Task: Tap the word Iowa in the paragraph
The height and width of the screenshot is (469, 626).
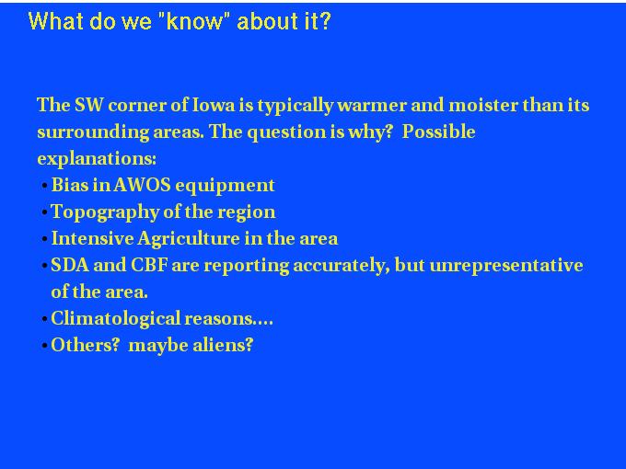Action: tap(214, 105)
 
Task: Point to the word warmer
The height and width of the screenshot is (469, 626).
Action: tap(371, 106)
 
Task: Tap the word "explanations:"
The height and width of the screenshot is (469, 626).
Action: tap(97, 159)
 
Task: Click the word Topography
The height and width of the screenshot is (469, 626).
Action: tap(105, 212)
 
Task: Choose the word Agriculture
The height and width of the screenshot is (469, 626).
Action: tap(189, 239)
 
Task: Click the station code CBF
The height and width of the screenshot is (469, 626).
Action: tap(149, 265)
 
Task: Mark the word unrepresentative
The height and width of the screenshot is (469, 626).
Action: tap(506, 266)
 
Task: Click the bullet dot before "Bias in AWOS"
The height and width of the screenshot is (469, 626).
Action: tap(45, 186)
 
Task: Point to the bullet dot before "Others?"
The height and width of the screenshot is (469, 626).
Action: tap(45, 346)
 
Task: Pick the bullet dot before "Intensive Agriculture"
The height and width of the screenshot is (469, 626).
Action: tap(45, 239)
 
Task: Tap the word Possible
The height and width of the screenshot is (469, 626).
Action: tap(438, 132)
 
